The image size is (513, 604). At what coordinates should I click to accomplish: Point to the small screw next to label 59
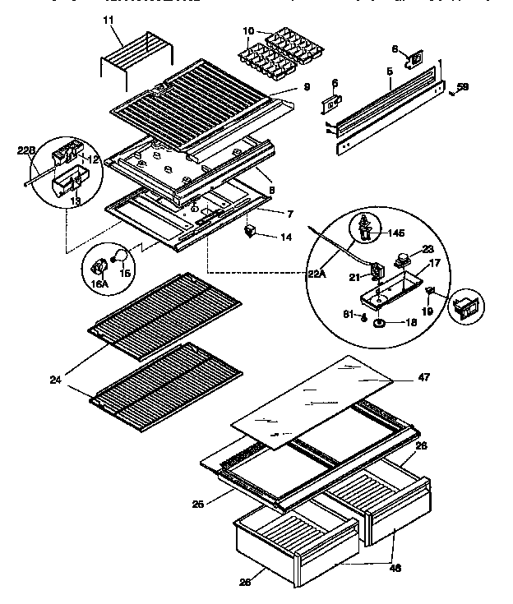[x=452, y=92]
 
